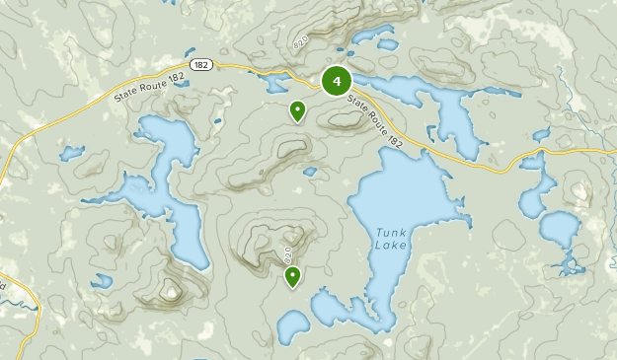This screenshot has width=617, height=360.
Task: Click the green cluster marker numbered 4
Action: click(337, 81)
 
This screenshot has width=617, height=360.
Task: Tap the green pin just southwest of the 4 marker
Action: click(296, 111)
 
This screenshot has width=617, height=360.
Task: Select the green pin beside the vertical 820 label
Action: click(292, 277)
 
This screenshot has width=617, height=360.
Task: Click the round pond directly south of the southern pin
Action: click(293, 327)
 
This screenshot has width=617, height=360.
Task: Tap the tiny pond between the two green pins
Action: click(309, 172)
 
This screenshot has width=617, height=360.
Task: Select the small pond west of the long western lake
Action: click(71, 153)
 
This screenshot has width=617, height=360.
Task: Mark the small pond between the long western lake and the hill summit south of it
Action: click(102, 281)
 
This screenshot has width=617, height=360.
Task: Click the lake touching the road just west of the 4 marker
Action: click(270, 80)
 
